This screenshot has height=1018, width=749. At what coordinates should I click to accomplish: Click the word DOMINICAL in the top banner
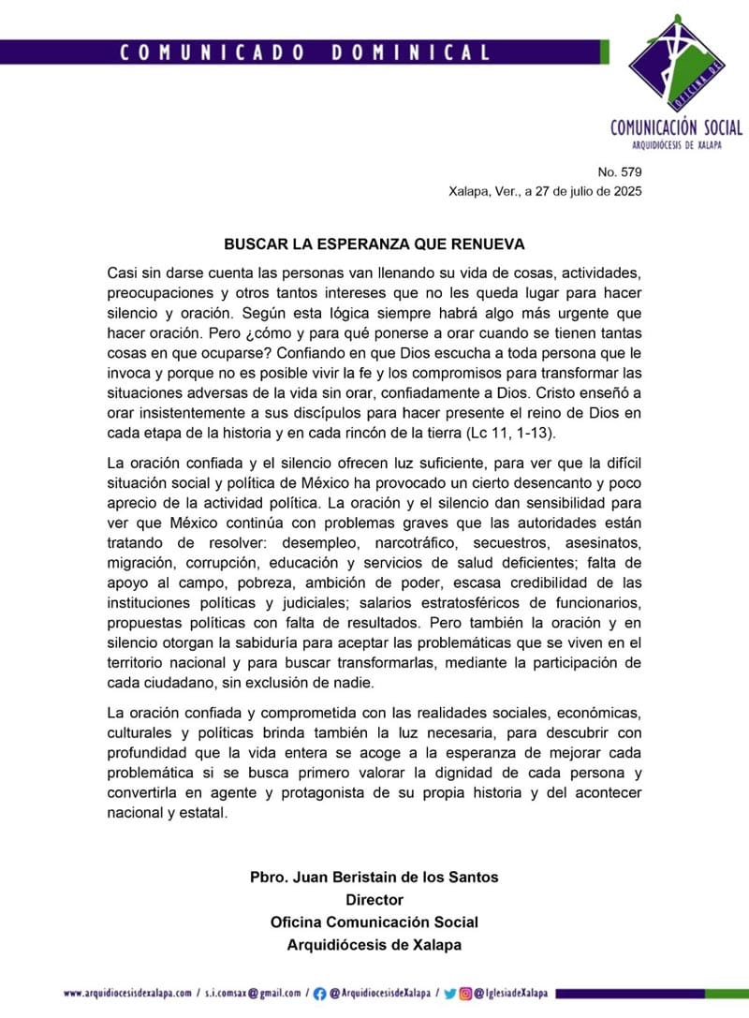point(410,53)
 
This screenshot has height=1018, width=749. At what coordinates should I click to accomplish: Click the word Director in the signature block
point(374,900)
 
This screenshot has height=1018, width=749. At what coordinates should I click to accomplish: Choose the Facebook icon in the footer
point(319,993)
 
